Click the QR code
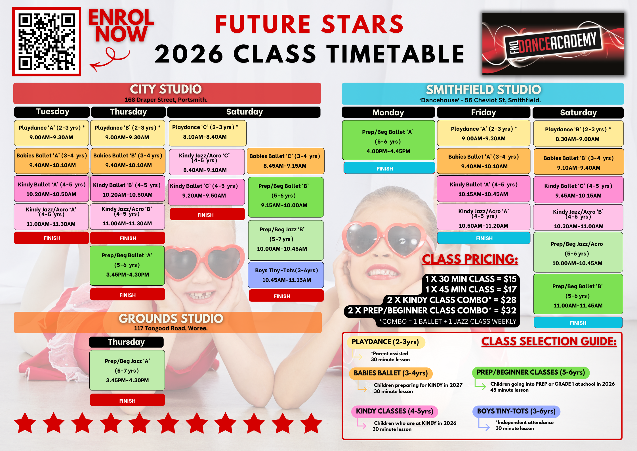tap(47, 41)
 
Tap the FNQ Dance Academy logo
tap(553, 44)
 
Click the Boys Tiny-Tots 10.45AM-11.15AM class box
tap(286, 275)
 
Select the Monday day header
tap(388, 112)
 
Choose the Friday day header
tap(483, 112)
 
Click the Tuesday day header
tap(52, 112)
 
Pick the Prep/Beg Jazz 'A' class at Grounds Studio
tap(127, 370)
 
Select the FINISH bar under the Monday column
tap(389, 168)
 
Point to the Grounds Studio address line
tap(171, 328)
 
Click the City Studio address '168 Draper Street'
tap(166, 100)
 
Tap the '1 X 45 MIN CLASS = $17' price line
tap(471, 289)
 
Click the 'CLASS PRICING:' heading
tap(470, 259)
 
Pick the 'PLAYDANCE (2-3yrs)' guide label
tap(386, 342)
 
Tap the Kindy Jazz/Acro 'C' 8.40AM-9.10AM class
tap(207, 162)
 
